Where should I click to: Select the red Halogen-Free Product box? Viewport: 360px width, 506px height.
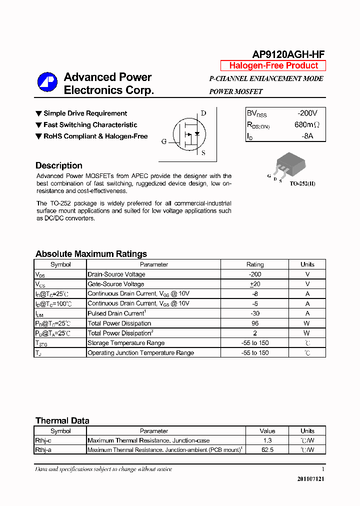(x=273, y=65)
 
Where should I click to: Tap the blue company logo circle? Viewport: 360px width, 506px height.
(x=47, y=83)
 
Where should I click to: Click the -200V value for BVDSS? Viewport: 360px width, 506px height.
(x=307, y=113)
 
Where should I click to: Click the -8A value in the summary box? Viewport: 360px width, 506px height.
(x=307, y=136)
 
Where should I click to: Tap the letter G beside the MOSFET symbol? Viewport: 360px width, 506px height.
(x=164, y=141)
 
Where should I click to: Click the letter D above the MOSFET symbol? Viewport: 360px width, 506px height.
(x=203, y=113)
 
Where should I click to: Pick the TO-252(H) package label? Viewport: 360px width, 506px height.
(x=302, y=183)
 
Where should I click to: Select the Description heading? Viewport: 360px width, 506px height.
(x=59, y=165)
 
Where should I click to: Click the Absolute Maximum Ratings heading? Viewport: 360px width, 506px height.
(x=91, y=253)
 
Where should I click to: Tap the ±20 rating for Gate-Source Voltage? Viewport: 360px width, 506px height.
(x=255, y=284)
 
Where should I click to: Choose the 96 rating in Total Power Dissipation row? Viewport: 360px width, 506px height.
(x=255, y=323)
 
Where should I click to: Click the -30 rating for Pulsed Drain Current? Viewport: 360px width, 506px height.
(x=255, y=313)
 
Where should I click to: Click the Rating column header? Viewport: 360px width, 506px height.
(x=255, y=264)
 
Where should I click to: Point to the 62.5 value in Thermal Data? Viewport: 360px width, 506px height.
(x=267, y=450)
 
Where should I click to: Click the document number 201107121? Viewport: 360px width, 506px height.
(x=311, y=479)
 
